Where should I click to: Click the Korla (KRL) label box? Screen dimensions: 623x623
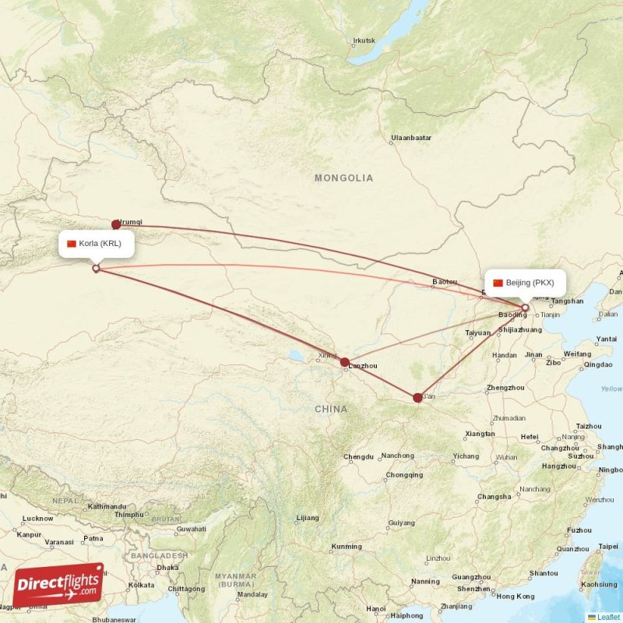(x=94, y=244)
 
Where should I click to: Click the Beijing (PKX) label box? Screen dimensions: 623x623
(x=525, y=283)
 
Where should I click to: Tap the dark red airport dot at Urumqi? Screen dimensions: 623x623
(x=116, y=224)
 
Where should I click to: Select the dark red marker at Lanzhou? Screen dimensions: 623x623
(x=344, y=362)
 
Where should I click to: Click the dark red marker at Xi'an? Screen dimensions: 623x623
(x=417, y=398)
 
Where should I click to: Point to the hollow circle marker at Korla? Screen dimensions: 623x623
(x=96, y=269)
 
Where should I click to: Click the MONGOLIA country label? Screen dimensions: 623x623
(x=343, y=178)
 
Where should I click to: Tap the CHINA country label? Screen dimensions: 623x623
(x=331, y=409)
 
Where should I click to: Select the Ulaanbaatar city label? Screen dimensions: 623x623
(x=411, y=138)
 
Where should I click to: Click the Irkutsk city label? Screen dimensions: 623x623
(x=364, y=40)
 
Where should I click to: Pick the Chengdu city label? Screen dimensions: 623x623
(x=358, y=456)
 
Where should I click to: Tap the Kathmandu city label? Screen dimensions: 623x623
(x=107, y=506)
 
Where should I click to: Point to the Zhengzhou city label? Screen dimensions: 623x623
(x=505, y=388)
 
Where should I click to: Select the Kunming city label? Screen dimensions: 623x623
(x=347, y=547)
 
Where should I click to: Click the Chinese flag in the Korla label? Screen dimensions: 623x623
(x=72, y=244)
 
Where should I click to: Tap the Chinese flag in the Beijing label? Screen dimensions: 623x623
(x=498, y=283)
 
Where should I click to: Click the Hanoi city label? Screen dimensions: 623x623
(x=376, y=608)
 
